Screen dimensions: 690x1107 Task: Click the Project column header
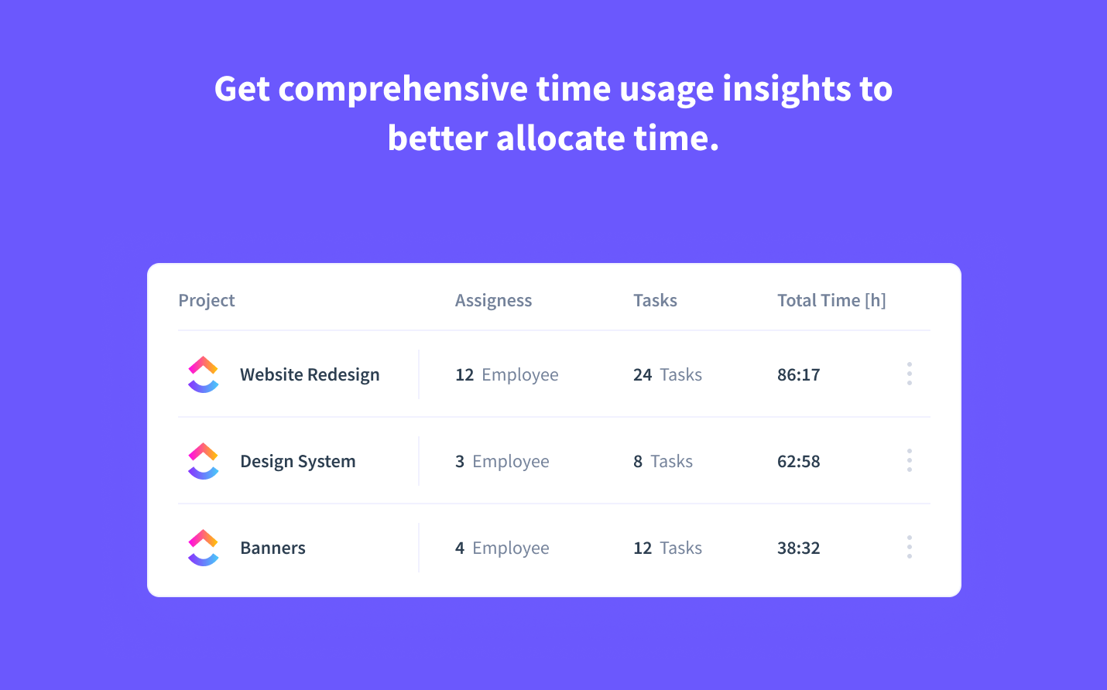(207, 301)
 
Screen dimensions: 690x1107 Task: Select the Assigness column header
(493, 301)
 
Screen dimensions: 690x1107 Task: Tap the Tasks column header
(655, 301)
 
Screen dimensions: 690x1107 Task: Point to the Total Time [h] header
(831, 301)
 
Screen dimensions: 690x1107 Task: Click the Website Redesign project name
(310, 375)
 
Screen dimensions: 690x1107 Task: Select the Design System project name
(298, 462)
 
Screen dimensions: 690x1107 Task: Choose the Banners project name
(272, 548)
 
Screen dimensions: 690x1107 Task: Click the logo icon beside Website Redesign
(204, 374)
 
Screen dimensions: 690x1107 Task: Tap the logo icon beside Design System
(204, 461)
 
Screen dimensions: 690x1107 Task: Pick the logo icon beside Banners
(204, 548)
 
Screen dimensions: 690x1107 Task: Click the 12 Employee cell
(506, 375)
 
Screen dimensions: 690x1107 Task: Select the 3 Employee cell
(502, 462)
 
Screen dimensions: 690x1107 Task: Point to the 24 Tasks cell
(667, 375)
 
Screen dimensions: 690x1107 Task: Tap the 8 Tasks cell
(663, 462)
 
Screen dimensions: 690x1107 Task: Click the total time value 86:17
(798, 375)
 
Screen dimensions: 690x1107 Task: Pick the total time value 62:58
(798, 462)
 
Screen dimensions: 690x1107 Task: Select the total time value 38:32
(798, 548)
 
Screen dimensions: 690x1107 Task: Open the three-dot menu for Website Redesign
(910, 374)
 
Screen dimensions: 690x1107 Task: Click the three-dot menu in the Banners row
(910, 547)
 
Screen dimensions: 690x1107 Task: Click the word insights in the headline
(787, 89)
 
